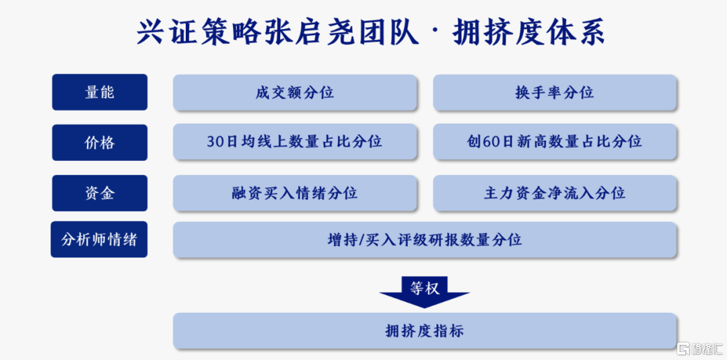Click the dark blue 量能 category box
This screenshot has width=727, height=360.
pyautogui.click(x=100, y=92)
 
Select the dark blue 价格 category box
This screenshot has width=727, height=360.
pyautogui.click(x=100, y=142)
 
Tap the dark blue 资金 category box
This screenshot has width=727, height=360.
pyautogui.click(x=100, y=192)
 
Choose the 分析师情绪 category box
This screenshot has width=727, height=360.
pyautogui.click(x=99, y=240)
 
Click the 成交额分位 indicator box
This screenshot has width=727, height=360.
pyautogui.click(x=295, y=93)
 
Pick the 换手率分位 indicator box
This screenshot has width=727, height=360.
pyautogui.click(x=555, y=93)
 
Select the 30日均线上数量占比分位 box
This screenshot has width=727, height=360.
pyautogui.click(x=295, y=142)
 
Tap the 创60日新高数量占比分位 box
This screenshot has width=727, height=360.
pyautogui.click(x=555, y=142)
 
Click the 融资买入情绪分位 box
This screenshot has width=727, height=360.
pyautogui.click(x=295, y=193)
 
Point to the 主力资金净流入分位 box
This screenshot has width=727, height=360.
pyautogui.click(x=555, y=193)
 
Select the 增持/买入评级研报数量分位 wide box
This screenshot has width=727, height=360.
pyautogui.click(x=425, y=240)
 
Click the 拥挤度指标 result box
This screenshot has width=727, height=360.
pyautogui.click(x=425, y=331)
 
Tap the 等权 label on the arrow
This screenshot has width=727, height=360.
pyautogui.click(x=424, y=288)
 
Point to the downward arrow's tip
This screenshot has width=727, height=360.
pyautogui.click(x=424, y=308)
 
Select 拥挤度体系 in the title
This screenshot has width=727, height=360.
pyautogui.click(x=528, y=32)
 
